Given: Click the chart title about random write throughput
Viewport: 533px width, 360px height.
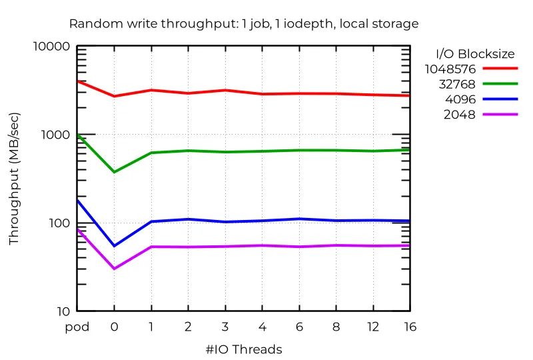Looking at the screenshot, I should [x=244, y=24].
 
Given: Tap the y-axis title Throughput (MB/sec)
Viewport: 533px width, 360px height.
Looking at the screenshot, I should [x=14, y=179].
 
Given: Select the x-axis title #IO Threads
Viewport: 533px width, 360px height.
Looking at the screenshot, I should [x=244, y=349].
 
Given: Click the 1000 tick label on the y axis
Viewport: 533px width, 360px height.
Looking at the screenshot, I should [x=55, y=135].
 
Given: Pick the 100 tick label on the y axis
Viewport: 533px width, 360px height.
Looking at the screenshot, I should [x=59, y=223].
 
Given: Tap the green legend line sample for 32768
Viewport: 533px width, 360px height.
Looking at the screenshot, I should [x=500, y=84].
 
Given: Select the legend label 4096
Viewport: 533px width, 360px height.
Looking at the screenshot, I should [x=460, y=99].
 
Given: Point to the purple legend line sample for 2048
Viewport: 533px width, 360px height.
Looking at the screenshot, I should [x=500, y=115].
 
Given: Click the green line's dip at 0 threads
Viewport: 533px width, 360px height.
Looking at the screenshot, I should [x=114, y=172].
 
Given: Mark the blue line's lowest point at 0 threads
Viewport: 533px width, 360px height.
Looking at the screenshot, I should [x=114, y=246].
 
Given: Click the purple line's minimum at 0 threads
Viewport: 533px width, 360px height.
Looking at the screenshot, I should [x=114, y=269].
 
